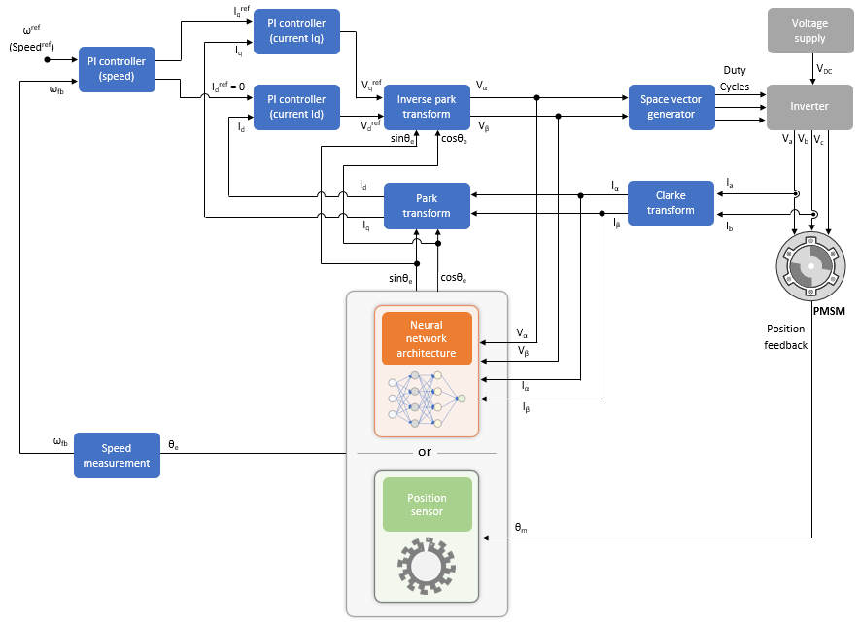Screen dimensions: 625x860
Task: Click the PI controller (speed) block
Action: [117, 69]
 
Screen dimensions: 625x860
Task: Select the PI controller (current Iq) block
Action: [296, 31]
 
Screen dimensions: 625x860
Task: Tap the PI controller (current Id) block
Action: [296, 107]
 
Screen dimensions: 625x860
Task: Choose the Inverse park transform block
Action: [427, 107]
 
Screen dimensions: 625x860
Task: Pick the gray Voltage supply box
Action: [808, 31]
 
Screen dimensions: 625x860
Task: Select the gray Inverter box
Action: [808, 107]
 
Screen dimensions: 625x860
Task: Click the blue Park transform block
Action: [427, 206]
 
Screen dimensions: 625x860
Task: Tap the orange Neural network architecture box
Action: [427, 338]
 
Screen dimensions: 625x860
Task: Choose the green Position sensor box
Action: [427, 503]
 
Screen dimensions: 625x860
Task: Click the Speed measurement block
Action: [117, 456]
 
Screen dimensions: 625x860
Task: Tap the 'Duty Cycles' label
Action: [735, 79]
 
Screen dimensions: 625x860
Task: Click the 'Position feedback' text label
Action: [785, 336]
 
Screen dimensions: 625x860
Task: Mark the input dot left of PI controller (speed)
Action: [47, 59]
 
